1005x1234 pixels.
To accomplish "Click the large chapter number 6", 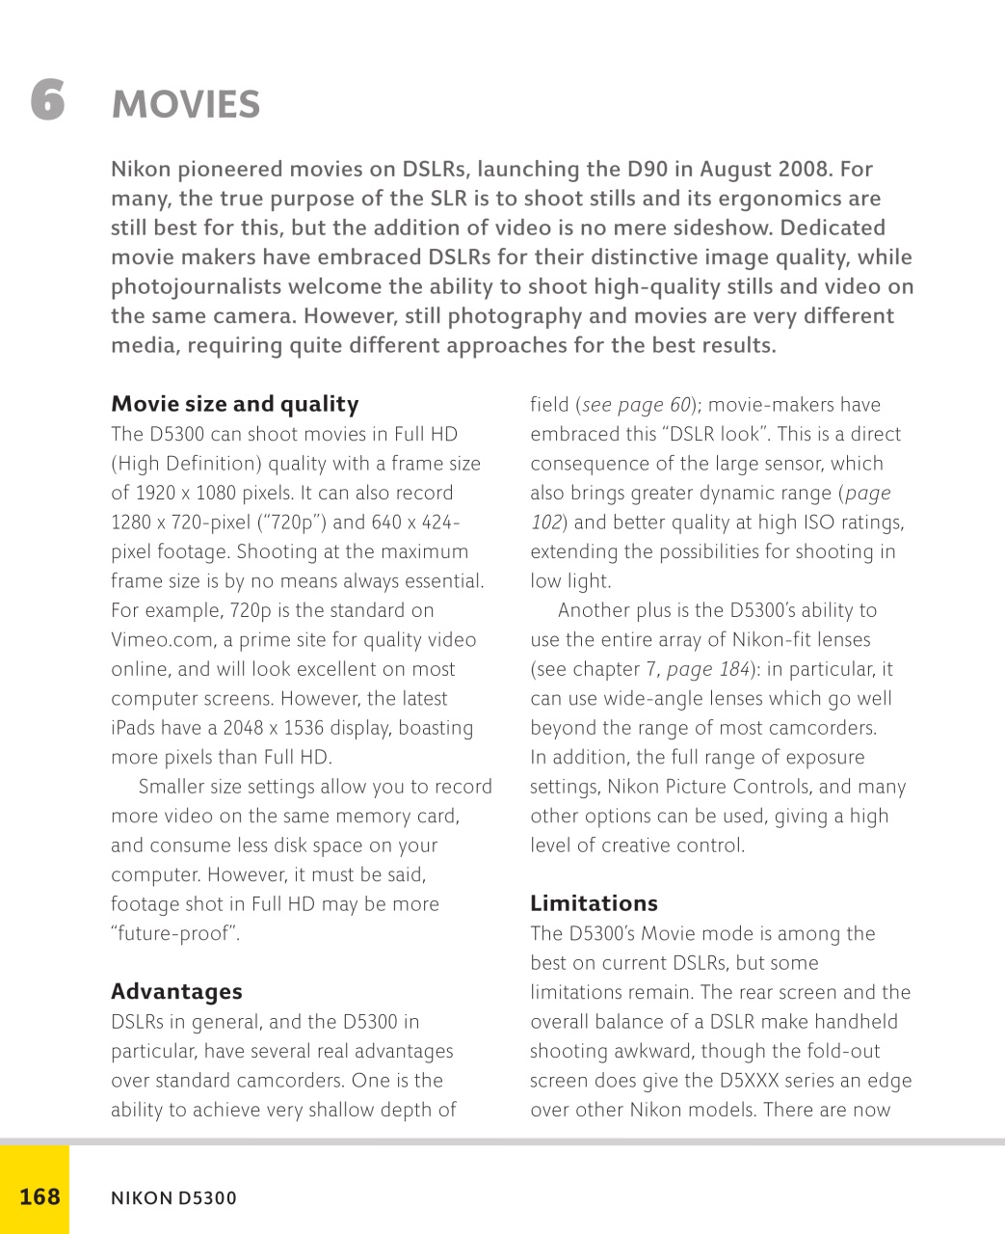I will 47,99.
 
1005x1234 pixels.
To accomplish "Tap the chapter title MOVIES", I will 186,105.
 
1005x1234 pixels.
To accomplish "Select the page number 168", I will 40,1196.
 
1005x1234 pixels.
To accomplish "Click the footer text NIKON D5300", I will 173,1198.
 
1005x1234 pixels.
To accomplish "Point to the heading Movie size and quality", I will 234,404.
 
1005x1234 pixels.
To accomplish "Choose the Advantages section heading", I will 176,992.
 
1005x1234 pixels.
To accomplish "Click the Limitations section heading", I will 594,903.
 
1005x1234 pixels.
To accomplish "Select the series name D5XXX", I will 758,1081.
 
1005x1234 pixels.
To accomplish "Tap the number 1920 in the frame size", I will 154,493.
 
